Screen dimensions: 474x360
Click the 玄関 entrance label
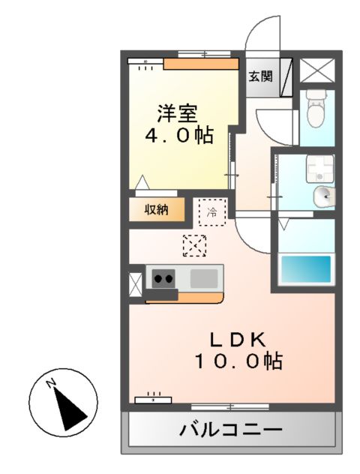pos(260,76)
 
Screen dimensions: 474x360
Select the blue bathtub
pos(304,268)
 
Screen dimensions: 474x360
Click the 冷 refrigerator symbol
pos(211,211)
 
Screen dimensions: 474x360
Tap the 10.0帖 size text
pos(238,361)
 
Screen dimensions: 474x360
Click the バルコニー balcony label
pos(230,430)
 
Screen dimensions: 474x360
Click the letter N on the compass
pos(52,384)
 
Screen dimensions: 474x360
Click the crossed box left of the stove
pos(135,283)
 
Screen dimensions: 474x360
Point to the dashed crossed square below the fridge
pos(194,245)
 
